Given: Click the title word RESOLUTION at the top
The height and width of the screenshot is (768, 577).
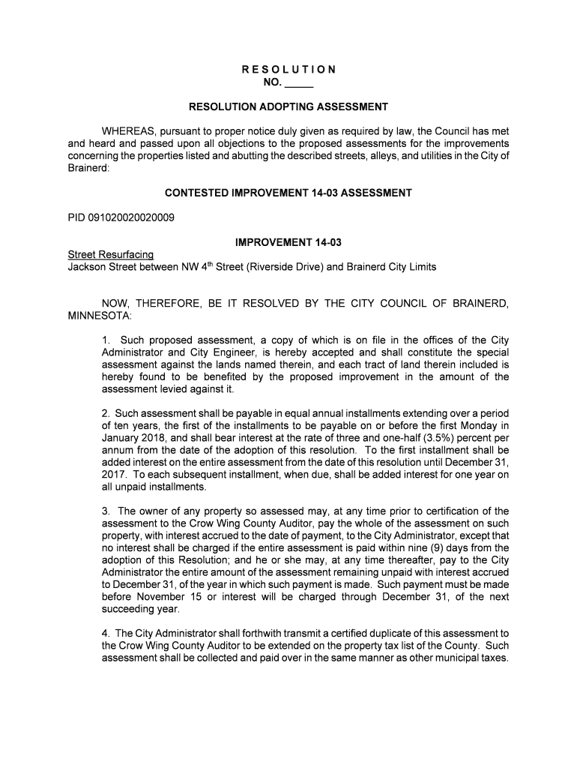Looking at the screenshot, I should tap(288, 70).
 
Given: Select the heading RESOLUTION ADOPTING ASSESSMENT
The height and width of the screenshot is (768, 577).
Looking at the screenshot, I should tap(288, 106).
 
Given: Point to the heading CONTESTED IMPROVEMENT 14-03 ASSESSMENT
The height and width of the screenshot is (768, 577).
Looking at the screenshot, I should tap(288, 193).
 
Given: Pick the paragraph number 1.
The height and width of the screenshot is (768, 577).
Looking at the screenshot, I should tap(106, 340).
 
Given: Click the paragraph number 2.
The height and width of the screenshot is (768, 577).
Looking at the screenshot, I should tap(106, 414).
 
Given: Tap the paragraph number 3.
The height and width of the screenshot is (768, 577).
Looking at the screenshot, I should tap(106, 511).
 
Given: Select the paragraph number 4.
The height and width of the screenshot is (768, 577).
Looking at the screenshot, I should tap(106, 633).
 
